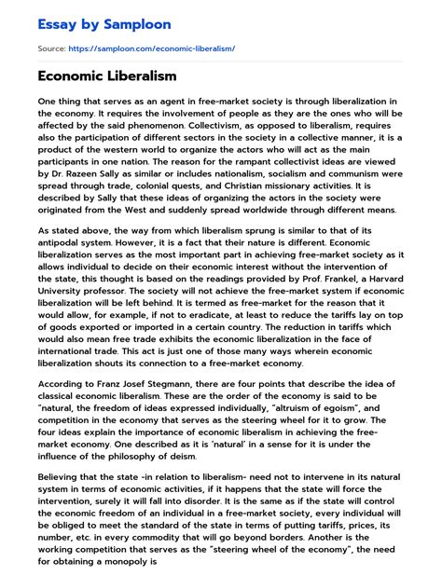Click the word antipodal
[63, 244]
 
